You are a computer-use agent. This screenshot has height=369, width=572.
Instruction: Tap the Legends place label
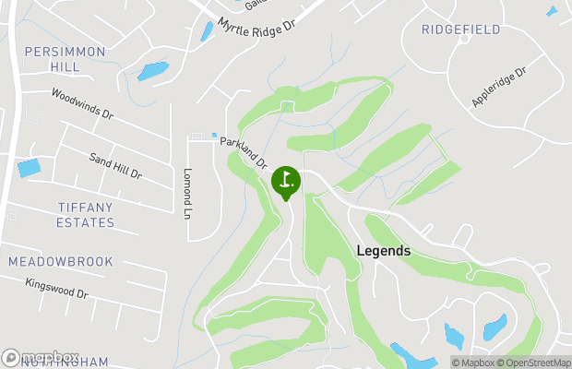tap(383, 251)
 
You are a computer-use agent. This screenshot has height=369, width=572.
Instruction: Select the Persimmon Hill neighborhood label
tap(65, 60)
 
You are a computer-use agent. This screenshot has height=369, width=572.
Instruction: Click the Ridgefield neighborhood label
tap(461, 30)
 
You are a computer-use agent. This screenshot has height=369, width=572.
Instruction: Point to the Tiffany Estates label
tap(73, 215)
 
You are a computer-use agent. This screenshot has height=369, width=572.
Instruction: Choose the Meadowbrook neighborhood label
tap(61, 262)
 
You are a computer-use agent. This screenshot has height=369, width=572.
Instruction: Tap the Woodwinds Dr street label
tap(82, 104)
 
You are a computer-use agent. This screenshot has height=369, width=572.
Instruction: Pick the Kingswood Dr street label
tap(56, 289)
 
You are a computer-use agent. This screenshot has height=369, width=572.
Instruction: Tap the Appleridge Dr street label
tap(499, 85)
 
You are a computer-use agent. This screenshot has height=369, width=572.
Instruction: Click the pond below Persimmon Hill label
tap(153, 71)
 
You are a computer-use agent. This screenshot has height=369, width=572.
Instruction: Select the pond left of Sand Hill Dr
tap(30, 169)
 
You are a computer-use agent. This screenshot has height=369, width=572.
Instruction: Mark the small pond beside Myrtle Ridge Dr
tap(207, 31)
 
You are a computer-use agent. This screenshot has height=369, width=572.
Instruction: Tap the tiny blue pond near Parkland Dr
tap(215, 136)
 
